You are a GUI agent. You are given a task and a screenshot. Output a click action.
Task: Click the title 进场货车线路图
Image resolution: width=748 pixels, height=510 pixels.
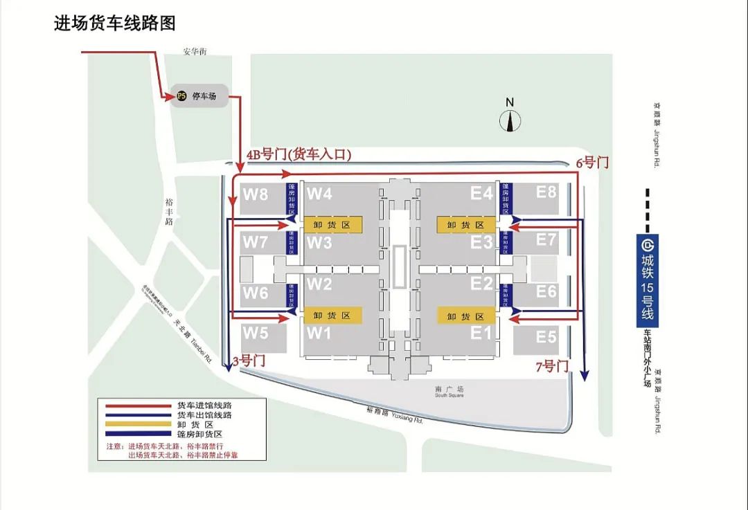click(x=115, y=24)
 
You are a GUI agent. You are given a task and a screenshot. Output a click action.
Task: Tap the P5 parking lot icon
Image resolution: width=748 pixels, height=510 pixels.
click(x=181, y=96)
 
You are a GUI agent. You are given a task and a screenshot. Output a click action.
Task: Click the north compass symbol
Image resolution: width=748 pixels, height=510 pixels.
click(x=510, y=121)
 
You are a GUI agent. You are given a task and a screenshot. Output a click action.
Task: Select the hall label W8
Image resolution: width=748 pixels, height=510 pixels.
click(x=255, y=194)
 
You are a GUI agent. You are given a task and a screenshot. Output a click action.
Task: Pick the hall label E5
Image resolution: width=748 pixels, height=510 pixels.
click(x=546, y=338)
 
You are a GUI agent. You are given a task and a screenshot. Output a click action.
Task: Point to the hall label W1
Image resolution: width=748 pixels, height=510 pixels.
click(x=319, y=334)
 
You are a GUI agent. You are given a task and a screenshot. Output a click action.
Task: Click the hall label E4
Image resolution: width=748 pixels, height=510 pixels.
click(x=481, y=193)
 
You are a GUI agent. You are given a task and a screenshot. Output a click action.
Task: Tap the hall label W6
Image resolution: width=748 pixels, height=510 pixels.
click(x=255, y=293)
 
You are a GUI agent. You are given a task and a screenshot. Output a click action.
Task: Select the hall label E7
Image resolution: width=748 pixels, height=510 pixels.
click(x=546, y=240)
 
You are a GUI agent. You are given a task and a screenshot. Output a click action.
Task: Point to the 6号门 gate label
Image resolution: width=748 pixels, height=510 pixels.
click(x=592, y=163)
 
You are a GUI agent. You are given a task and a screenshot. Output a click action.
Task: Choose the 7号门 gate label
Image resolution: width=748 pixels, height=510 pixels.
click(x=552, y=366)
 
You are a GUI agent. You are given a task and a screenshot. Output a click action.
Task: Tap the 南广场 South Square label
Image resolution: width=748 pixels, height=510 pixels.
click(x=449, y=391)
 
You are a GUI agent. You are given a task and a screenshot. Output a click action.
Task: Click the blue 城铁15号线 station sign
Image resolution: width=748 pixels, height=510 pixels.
click(x=647, y=280)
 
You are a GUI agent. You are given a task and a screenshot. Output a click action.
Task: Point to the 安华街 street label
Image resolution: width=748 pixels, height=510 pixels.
click(x=195, y=51)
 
